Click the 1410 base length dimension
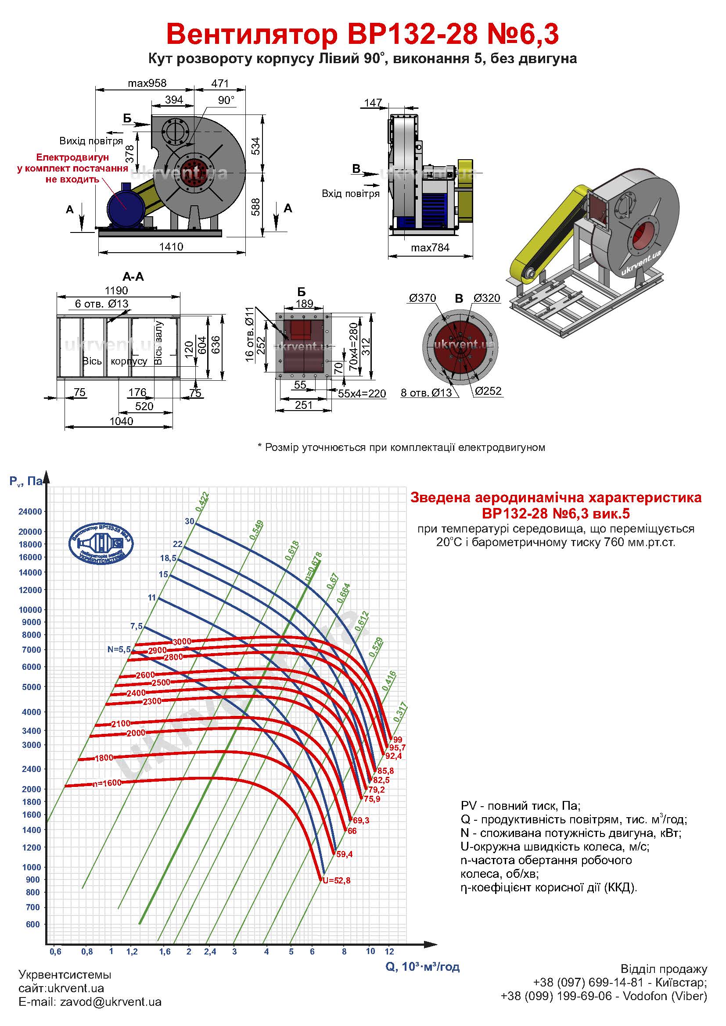[x=171, y=247]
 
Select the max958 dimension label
[x=147, y=83]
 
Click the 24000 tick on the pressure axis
[x=30, y=511]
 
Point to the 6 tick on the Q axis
[x=312, y=951]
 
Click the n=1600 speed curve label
[x=107, y=783]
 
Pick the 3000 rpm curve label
[x=182, y=642]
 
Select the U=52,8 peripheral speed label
[x=336, y=881]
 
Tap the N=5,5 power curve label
[x=119, y=649]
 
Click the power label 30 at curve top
[x=190, y=521]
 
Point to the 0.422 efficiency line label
[x=202, y=501]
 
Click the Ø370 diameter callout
[x=422, y=298]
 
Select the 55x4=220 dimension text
[x=362, y=393]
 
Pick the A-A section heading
[x=133, y=277]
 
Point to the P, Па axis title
[x=26, y=481]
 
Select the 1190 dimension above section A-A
[x=116, y=290]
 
